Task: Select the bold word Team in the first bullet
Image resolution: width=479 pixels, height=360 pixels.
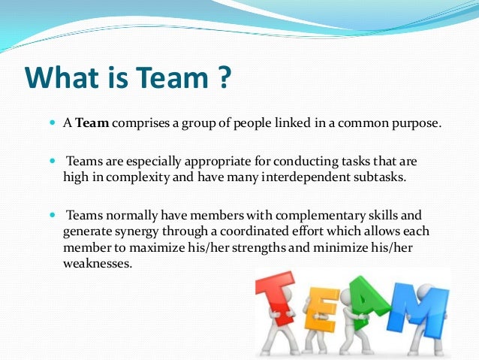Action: (x=95, y=124)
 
